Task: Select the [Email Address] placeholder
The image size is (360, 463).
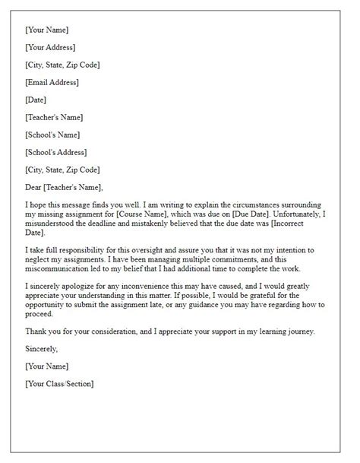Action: (x=52, y=82)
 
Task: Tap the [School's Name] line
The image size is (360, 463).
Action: (x=54, y=135)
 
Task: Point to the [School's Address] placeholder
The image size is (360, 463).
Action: (x=56, y=152)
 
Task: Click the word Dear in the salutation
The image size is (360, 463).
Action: (x=34, y=187)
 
